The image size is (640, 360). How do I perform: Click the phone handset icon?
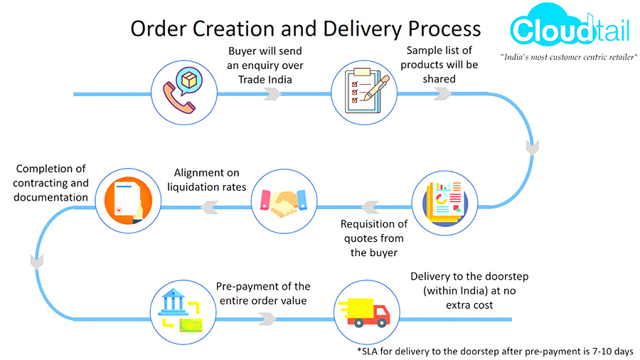click(x=178, y=98)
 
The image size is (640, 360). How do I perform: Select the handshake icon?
click(x=284, y=202)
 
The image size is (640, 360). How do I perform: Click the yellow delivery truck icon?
click(x=364, y=312)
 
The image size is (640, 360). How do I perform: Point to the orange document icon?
click(x=128, y=201)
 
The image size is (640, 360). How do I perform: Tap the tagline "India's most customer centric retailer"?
click(x=568, y=57)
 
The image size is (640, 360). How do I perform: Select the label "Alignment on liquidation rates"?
click(x=206, y=179)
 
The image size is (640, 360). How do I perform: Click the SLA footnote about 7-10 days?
click(x=495, y=351)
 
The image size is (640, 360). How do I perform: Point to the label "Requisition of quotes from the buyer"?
click(x=374, y=238)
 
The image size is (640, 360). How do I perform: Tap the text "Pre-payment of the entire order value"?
click(x=263, y=293)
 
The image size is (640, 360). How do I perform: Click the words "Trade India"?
click(x=265, y=80)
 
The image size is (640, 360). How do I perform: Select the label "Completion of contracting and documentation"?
click(x=50, y=183)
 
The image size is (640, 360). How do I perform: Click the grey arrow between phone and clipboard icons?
click(x=272, y=94)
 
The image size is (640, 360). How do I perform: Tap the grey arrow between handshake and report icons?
click(x=370, y=207)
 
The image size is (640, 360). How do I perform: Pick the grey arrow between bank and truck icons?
click(x=268, y=319)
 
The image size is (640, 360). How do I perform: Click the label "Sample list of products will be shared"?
click(x=439, y=65)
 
